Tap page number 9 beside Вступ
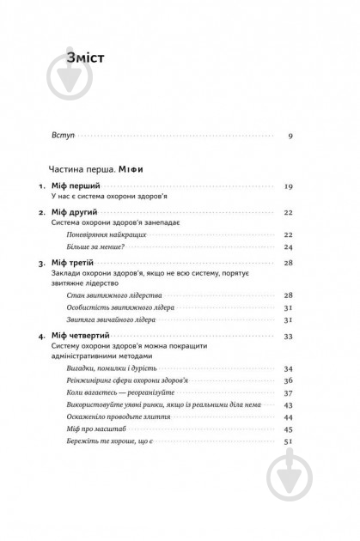click(x=290, y=136)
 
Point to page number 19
click(x=289, y=186)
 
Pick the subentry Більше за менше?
click(x=97, y=247)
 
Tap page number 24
click(x=289, y=247)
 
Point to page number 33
click(x=289, y=335)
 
